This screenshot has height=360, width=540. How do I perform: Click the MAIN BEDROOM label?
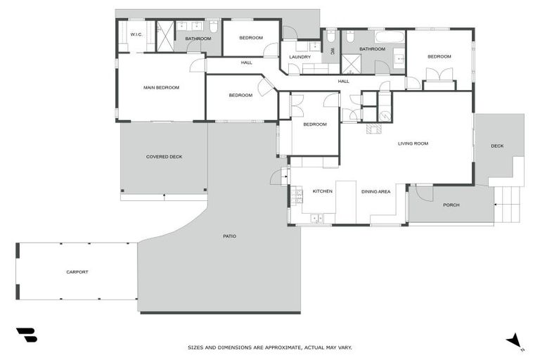(x=161, y=88)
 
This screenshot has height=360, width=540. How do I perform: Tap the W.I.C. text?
(x=136, y=34)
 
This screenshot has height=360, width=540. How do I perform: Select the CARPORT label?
(x=77, y=272)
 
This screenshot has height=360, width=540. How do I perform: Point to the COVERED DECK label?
(x=164, y=157)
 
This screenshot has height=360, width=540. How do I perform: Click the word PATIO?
(x=229, y=236)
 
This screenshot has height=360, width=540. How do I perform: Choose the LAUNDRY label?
(x=300, y=57)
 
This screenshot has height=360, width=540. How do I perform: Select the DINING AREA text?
(x=375, y=191)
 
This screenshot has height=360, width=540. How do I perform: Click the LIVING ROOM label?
(x=413, y=143)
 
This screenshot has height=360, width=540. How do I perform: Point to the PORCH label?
(x=451, y=205)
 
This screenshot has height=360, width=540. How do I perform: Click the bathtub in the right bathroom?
(x=390, y=37)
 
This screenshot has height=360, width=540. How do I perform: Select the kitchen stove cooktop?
(x=297, y=196)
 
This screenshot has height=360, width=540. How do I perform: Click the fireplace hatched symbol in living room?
(x=373, y=129)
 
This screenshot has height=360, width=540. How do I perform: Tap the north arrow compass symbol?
(x=515, y=341)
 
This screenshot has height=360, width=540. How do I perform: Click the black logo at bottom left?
(x=26, y=335)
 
